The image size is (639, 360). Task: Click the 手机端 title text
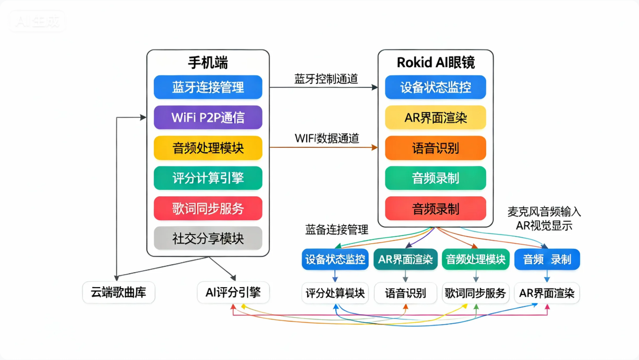click(208, 63)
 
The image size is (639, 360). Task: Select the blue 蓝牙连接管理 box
click(208, 87)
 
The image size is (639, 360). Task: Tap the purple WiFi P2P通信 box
click(208, 118)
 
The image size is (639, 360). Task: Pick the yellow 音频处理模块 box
click(208, 148)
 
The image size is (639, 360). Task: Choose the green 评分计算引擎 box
click(208, 178)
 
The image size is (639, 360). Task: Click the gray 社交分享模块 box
click(208, 238)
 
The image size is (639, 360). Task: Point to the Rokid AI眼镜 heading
click(435, 62)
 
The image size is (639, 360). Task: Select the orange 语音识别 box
click(435, 148)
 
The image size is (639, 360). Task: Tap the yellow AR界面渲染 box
click(435, 118)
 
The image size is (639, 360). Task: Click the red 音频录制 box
click(435, 208)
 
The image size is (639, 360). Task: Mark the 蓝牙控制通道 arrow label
click(326, 79)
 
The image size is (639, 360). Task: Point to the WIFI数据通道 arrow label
click(326, 138)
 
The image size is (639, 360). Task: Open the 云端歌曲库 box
click(118, 293)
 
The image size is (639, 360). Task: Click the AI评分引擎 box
click(233, 293)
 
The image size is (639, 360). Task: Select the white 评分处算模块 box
click(335, 293)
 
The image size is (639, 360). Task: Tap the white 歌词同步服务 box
click(475, 293)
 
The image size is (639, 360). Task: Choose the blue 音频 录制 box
click(547, 260)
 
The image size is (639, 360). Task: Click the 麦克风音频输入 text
click(544, 212)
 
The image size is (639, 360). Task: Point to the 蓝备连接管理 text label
click(336, 230)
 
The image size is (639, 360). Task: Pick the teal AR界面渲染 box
click(405, 260)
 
